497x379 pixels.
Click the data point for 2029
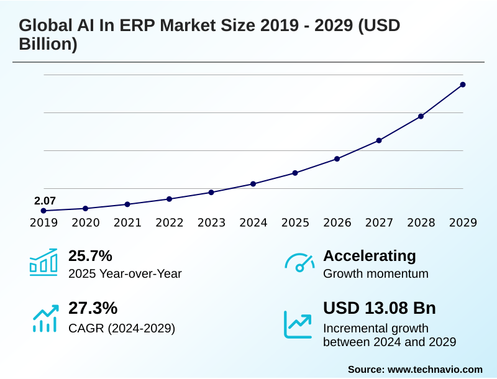tap(463, 84)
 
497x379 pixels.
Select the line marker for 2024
tap(253, 184)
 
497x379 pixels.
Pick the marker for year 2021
tap(127, 204)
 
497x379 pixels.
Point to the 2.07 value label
tap(45, 201)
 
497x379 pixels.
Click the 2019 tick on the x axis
tap(43, 223)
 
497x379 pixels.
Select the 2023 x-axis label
tap(211, 223)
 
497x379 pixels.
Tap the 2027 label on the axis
tap(379, 223)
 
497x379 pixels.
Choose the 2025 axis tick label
tap(295, 223)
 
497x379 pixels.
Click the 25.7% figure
tap(90, 256)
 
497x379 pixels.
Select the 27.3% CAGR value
tap(93, 308)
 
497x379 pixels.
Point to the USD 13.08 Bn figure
tap(380, 308)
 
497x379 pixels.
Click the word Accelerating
tap(370, 256)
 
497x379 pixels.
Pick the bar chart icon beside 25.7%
tap(43, 262)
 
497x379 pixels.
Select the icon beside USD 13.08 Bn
tap(298, 324)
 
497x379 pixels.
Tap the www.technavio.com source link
tap(435, 369)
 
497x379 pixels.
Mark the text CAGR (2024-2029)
tap(122, 328)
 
